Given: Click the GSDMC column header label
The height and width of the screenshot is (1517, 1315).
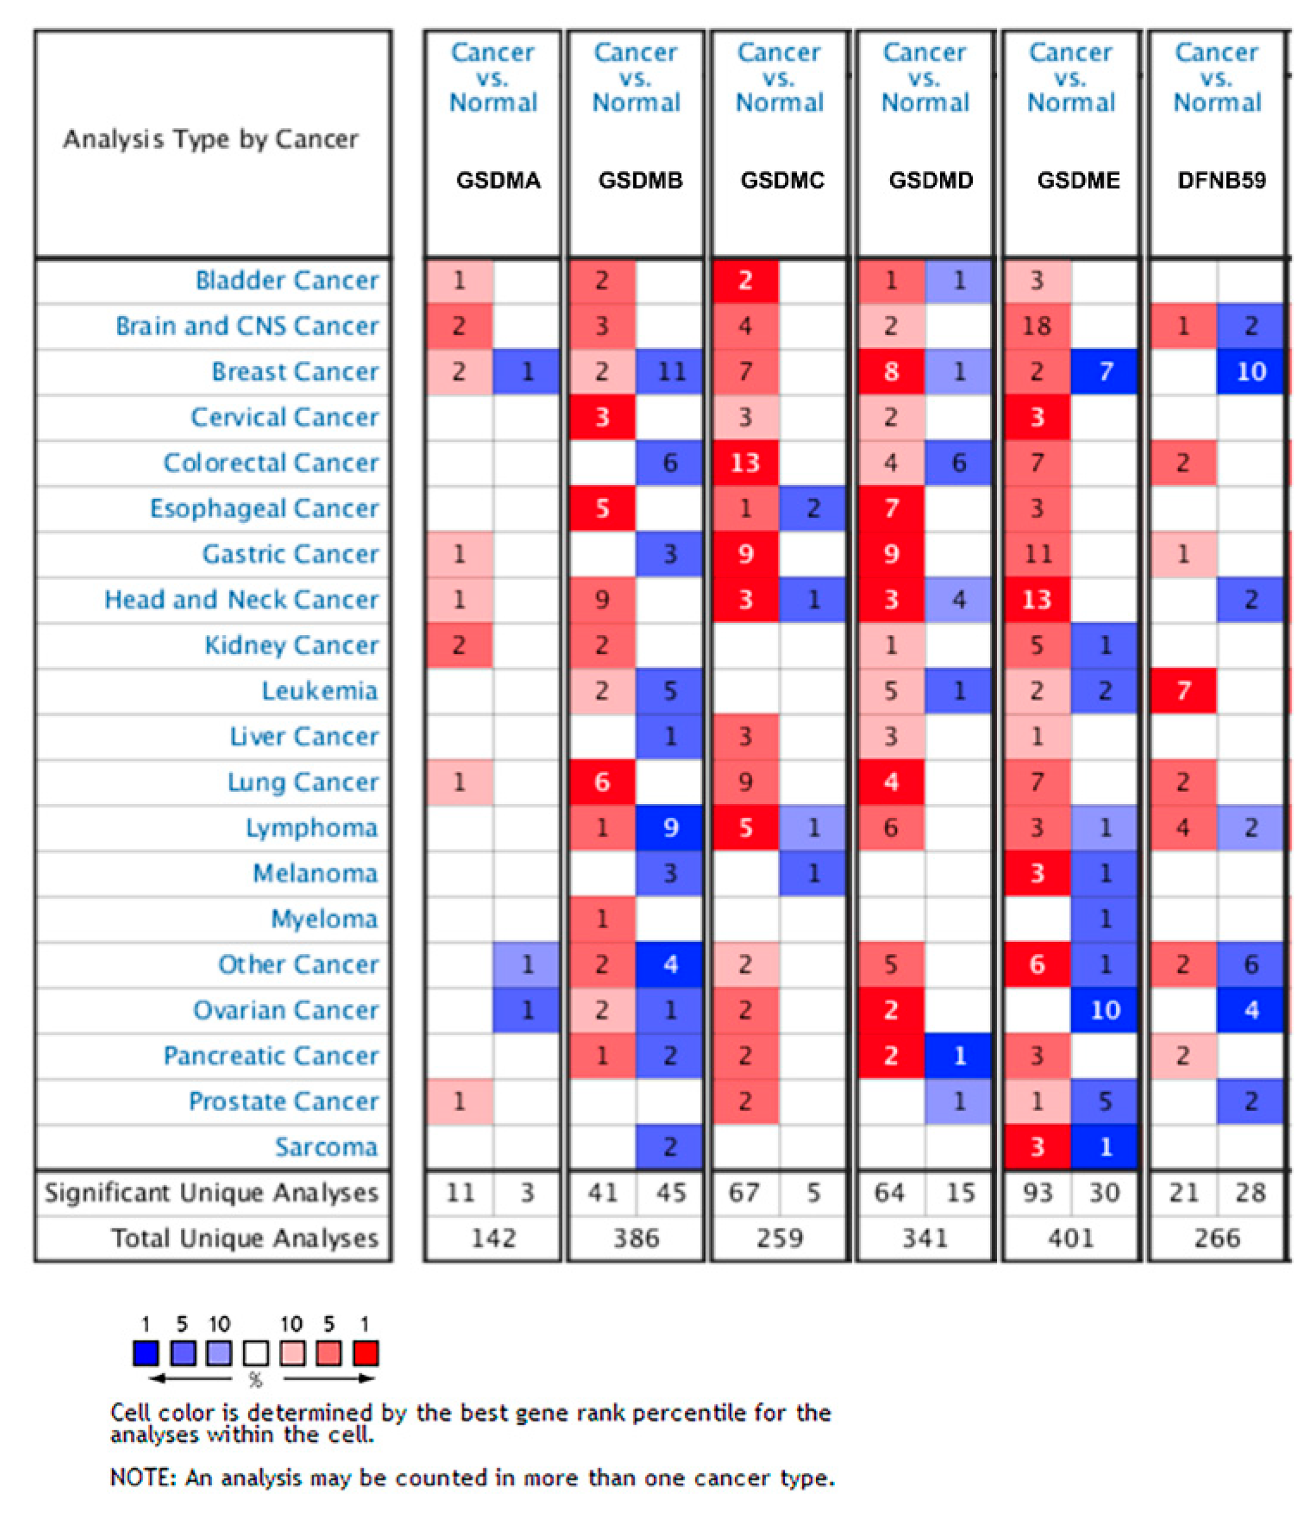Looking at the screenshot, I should point(782,180).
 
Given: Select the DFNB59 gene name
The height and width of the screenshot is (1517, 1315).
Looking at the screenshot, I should point(1221,180).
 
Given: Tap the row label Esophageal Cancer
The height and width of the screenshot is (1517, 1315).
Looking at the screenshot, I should point(264,508).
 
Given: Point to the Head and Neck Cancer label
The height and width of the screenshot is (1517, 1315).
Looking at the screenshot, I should point(241,600).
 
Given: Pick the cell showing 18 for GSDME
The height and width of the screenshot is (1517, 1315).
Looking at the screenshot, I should point(1036,325).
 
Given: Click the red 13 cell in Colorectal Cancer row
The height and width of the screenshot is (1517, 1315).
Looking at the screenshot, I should point(745,463).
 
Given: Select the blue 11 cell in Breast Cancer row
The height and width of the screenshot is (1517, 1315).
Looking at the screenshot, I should point(671,372).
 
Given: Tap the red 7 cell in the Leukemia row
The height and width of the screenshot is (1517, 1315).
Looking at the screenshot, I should point(1183,691).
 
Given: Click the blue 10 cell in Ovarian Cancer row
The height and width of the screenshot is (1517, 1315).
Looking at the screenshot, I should point(1105,1010).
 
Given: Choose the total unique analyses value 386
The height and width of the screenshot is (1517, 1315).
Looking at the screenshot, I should point(636,1238).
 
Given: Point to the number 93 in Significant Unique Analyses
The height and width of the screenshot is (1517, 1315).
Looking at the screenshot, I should point(1038,1193).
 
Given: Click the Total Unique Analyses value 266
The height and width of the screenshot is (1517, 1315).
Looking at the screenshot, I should point(1217,1238).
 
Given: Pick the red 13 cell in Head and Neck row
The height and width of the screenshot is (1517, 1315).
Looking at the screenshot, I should point(1036,600).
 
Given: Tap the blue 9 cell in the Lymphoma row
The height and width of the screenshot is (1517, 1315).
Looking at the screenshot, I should point(671,828).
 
